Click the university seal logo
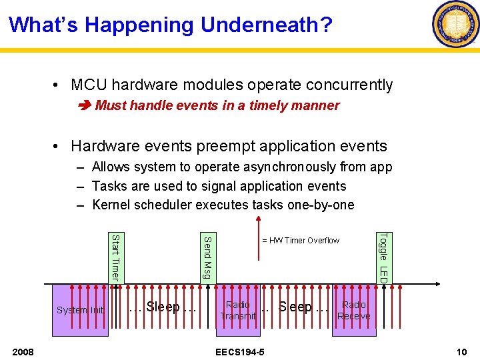click(x=455, y=25)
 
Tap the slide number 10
click(x=461, y=351)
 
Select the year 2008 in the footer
click(x=24, y=351)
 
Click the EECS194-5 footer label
click(x=239, y=351)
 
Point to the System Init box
click(x=80, y=310)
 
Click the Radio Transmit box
click(x=238, y=310)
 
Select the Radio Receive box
click(x=353, y=310)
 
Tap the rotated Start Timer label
click(x=115, y=257)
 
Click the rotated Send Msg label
click(x=207, y=257)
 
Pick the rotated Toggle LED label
click(x=383, y=257)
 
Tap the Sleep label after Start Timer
click(x=163, y=307)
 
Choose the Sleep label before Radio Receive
click(x=296, y=307)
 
